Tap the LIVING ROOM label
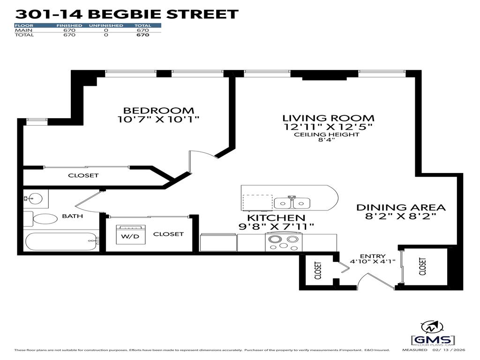tap(328, 118)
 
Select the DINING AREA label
tap(401, 207)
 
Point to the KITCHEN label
tap(276, 218)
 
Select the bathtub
tap(61, 242)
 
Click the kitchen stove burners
tap(282, 241)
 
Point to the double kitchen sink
tap(292, 203)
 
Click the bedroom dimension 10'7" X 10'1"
tap(158, 120)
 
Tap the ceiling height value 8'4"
tap(327, 140)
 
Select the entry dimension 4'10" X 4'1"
tap(373, 262)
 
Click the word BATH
tap(72, 216)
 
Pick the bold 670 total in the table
tap(142, 35)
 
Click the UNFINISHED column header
tap(106, 25)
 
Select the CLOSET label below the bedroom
tap(83, 175)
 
